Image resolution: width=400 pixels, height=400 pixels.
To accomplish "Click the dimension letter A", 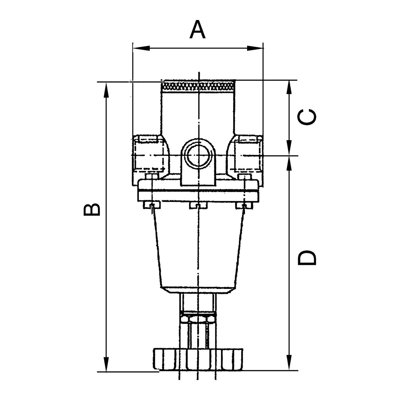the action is point(197,30).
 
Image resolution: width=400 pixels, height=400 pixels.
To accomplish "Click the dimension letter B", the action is point(92,209).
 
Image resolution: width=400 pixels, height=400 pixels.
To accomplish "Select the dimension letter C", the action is point(307,117).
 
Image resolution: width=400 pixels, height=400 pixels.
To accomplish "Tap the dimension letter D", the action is point(307,257).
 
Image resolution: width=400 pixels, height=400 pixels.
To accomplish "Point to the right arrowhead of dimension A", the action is point(255,48).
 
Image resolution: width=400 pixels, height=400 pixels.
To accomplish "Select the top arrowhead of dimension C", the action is point(289,88).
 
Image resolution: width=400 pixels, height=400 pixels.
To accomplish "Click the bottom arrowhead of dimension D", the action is point(289,362).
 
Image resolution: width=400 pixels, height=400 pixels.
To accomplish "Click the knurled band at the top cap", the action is point(198,86).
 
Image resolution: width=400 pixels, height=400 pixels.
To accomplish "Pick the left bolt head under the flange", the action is point(152,205).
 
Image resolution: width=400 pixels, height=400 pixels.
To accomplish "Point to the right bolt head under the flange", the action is point(244,205).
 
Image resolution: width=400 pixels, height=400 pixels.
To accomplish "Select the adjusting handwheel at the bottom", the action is point(198,359).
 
